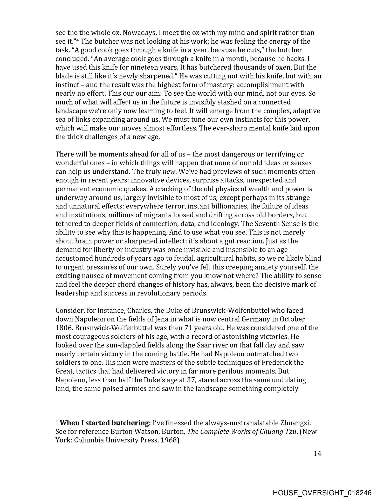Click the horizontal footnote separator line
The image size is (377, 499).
(100, 415)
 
